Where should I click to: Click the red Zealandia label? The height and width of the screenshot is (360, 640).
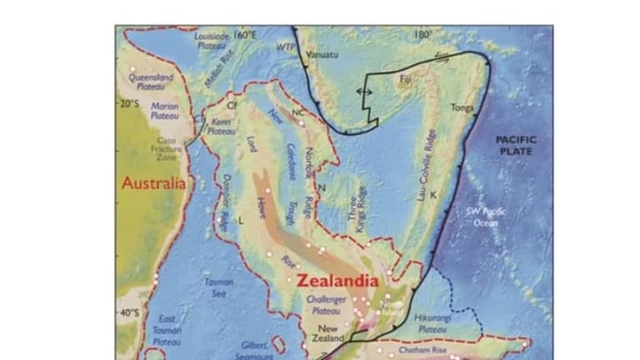[337, 282]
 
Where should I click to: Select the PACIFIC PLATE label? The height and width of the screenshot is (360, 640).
[515, 145]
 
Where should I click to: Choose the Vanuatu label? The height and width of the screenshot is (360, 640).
[323, 55]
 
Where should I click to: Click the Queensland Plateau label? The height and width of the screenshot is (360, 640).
[151, 82]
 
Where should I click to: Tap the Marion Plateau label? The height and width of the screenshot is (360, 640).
[164, 112]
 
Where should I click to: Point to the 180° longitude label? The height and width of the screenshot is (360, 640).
[424, 35]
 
